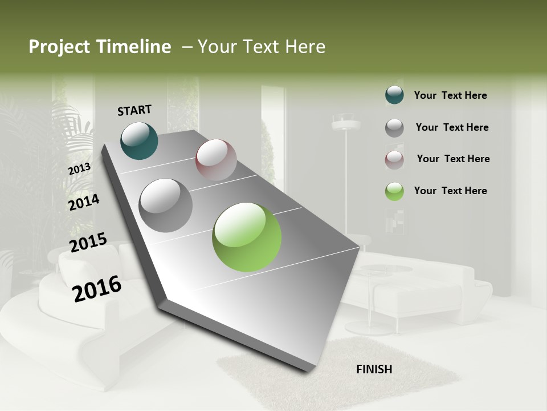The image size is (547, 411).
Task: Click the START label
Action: tap(134, 110)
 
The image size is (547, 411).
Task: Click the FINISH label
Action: tap(374, 369)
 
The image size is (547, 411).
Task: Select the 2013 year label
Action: tap(79, 168)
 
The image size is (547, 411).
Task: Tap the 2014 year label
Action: tap(84, 202)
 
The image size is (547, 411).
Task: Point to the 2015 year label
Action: tap(88, 243)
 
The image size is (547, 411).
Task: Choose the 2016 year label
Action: tap(97, 288)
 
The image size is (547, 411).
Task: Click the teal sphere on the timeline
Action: tap(139, 140)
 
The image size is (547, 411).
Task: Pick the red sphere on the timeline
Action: tap(216, 160)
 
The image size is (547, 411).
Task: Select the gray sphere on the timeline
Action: tap(166, 205)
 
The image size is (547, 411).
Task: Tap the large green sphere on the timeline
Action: tap(247, 237)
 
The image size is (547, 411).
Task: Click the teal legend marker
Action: tap(394, 95)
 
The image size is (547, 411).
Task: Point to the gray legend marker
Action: tap(394, 127)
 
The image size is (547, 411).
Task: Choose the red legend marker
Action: tap(394, 159)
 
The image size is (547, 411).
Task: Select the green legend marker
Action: tap(394, 191)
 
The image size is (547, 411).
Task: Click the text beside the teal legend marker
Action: tap(450, 95)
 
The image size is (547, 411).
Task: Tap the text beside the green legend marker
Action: tap(450, 191)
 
